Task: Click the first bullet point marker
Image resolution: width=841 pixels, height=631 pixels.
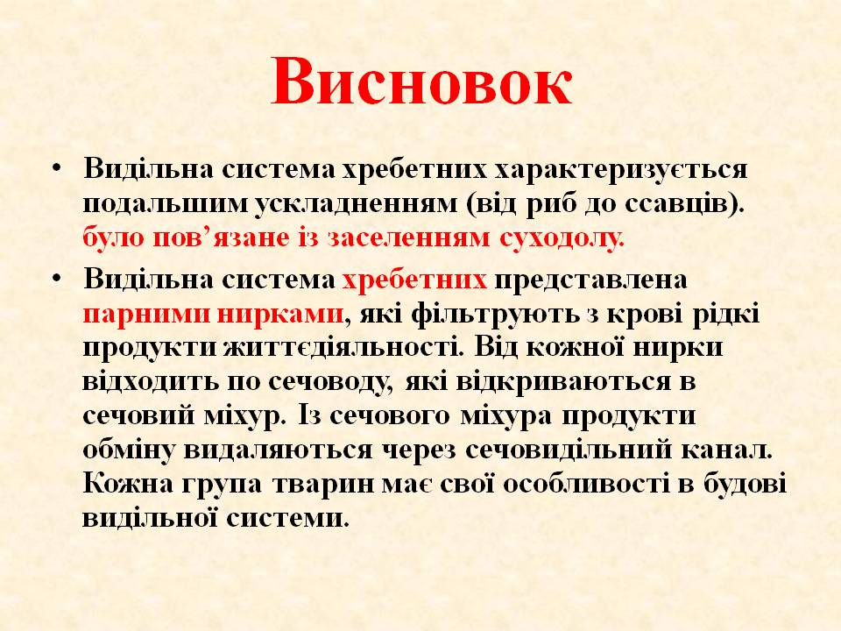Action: click(x=57, y=167)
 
